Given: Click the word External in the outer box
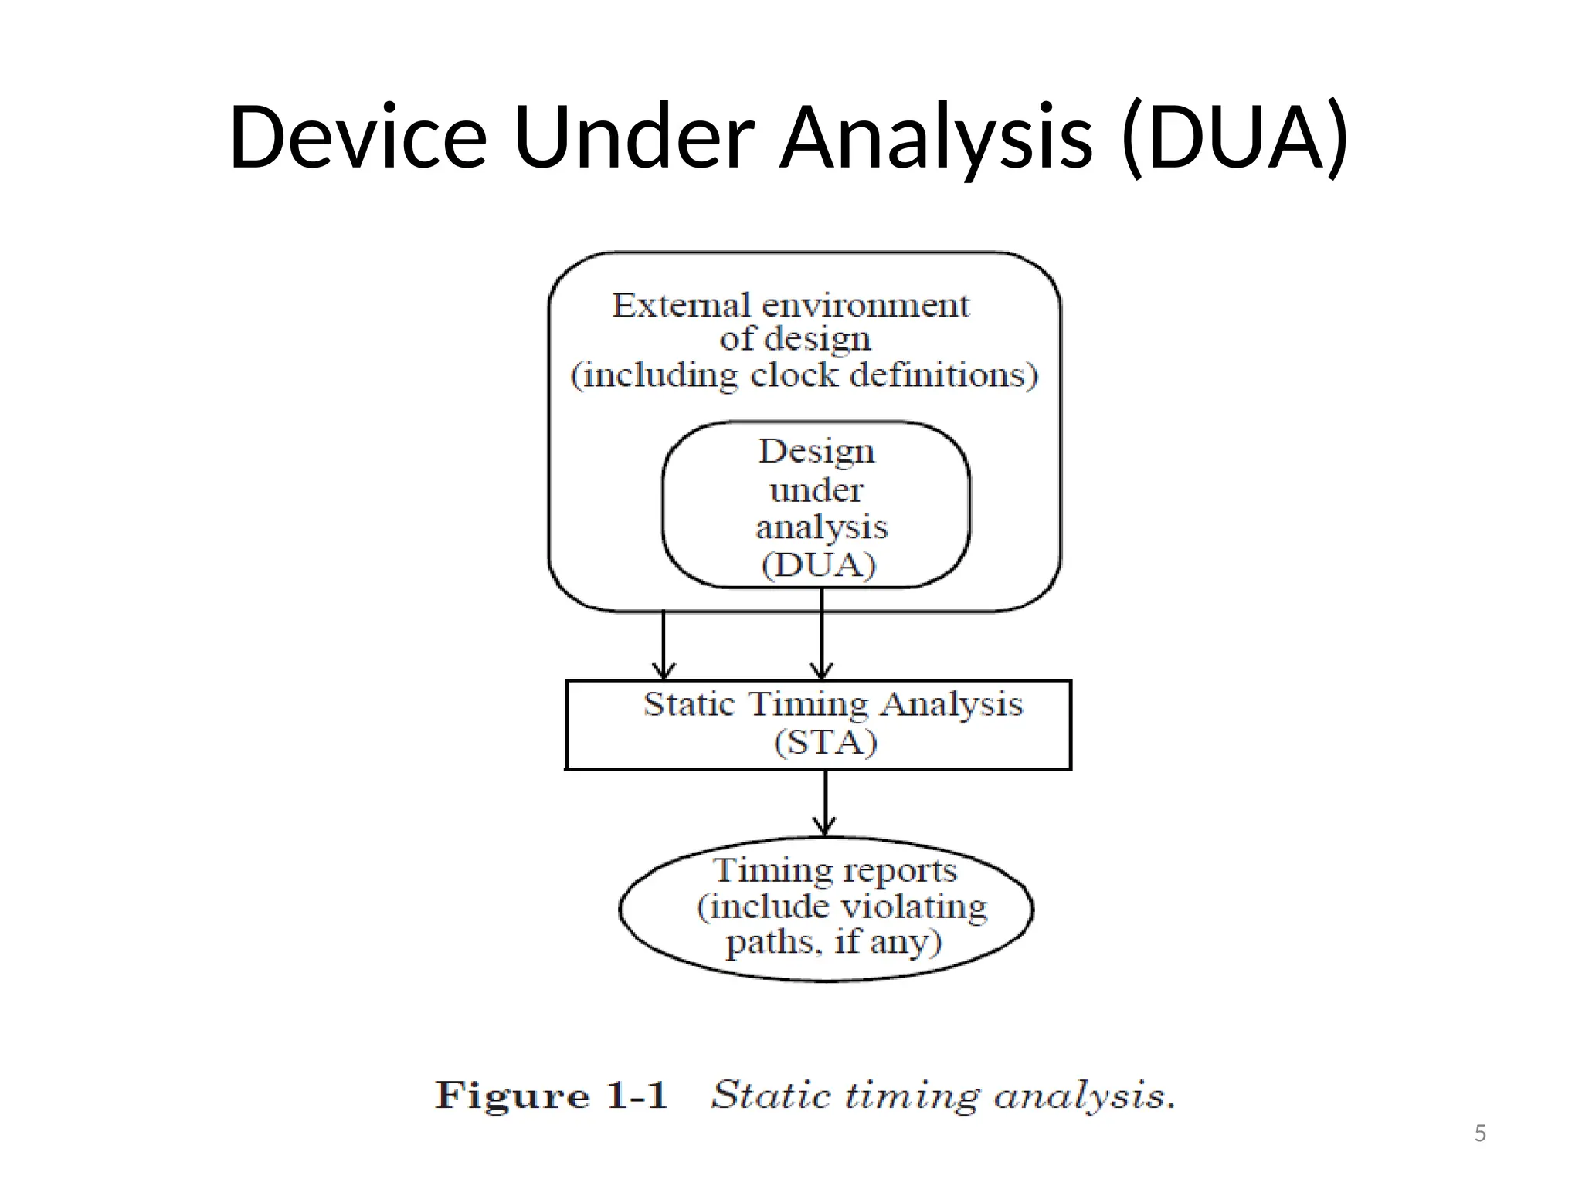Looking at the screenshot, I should click(681, 306).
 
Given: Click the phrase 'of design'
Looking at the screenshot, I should click(795, 339).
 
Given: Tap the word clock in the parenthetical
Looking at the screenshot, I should click(794, 375).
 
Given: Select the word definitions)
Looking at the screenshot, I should click(943, 375).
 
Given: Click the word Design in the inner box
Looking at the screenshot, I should click(816, 452).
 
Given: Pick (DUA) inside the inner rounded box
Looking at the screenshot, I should click(819, 565).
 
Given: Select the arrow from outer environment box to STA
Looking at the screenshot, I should click(664, 646).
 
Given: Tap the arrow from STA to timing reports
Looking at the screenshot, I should click(825, 803).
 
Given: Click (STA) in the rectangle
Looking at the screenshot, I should click(826, 743).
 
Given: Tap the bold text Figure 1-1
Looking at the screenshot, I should click(551, 1096).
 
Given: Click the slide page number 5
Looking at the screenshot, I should click(1480, 1133).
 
